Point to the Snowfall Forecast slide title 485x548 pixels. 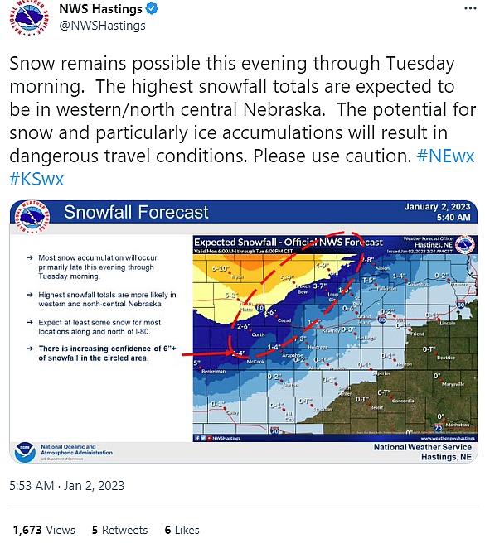(137, 213)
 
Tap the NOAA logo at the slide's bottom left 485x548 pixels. (25, 451)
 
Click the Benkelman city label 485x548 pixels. (214, 372)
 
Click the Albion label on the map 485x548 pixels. (382, 269)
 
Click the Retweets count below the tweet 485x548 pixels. (119, 530)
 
